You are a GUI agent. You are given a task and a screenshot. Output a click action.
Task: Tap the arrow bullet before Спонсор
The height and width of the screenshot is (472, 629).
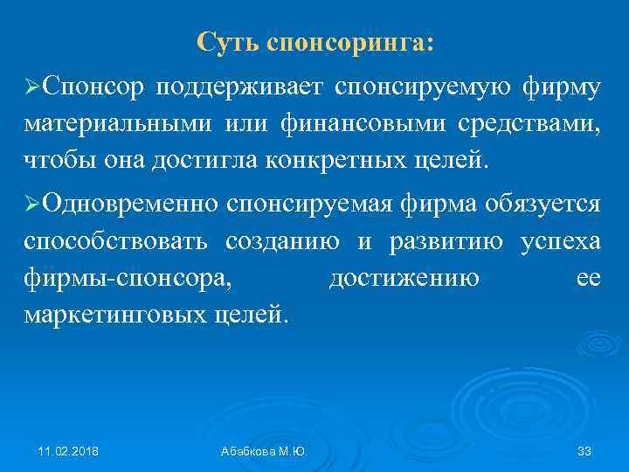(32, 87)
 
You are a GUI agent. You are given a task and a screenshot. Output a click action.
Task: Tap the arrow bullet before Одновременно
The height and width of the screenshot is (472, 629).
(32, 204)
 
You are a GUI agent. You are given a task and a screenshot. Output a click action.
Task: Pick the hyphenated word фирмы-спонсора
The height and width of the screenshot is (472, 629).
(128, 279)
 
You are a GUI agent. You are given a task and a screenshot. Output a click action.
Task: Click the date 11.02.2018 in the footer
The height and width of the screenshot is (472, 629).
(68, 451)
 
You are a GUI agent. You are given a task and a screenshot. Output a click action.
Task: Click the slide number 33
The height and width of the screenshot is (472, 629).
(584, 451)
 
